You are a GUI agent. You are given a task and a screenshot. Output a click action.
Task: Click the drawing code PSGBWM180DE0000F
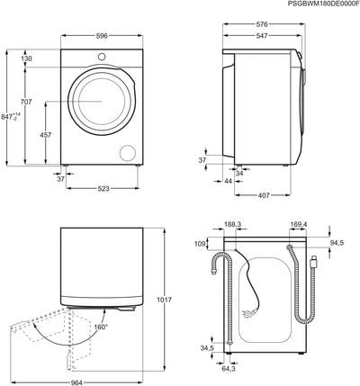coord(323,4)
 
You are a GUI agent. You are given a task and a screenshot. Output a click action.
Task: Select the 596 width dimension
coord(102,36)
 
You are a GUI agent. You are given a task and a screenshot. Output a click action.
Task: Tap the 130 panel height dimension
coord(26,58)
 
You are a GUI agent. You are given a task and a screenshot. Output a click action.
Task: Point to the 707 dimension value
coord(26,102)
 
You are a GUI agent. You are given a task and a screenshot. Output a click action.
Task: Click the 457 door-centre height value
coord(46,135)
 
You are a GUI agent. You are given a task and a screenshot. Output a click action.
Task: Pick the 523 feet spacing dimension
coord(103,189)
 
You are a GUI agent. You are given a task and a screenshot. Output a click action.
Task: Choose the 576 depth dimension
coord(262,24)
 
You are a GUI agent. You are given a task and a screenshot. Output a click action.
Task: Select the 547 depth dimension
coord(262,36)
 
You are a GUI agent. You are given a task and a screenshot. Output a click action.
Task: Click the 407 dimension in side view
coord(264,195)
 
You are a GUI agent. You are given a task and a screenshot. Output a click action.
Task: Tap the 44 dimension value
coord(229,181)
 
